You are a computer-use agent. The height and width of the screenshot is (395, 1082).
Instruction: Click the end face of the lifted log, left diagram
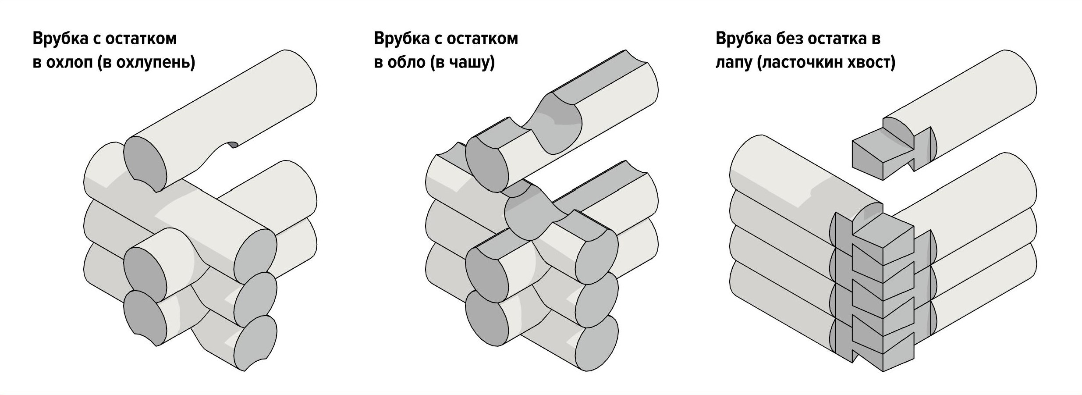click(145, 164)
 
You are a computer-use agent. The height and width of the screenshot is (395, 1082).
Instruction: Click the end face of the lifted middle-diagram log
click(487, 164)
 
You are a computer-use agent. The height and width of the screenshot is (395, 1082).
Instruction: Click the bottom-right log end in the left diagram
click(255, 343)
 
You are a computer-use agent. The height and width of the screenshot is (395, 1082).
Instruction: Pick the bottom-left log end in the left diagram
click(145, 318)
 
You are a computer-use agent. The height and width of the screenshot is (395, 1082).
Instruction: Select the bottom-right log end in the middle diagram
click(597, 343)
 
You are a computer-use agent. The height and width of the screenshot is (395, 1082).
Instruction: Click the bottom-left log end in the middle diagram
click(487, 318)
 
